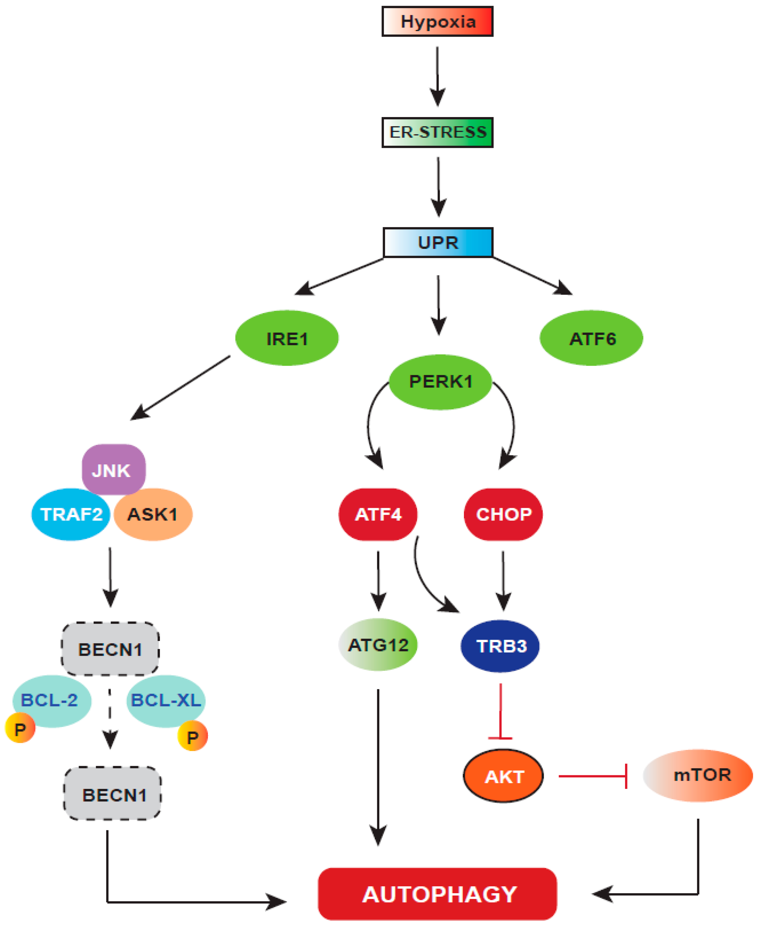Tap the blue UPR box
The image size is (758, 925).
[x=438, y=243]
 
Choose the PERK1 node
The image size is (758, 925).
[x=440, y=382]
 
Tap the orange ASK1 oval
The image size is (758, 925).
[x=153, y=514]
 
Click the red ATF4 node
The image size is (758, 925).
[x=378, y=514]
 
